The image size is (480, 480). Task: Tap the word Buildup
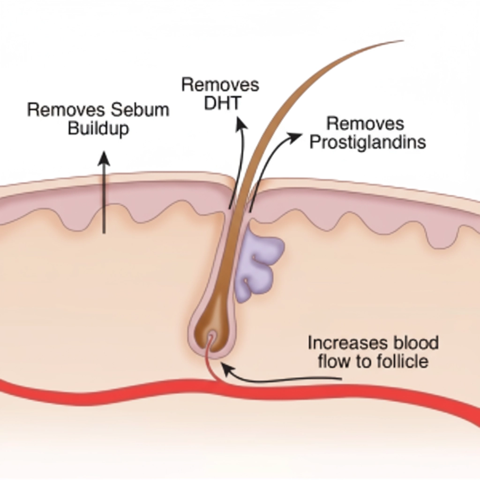(x=98, y=128)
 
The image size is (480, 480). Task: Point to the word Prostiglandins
(x=368, y=143)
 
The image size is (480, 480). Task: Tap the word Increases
(x=344, y=343)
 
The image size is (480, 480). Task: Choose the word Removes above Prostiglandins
(x=365, y=124)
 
